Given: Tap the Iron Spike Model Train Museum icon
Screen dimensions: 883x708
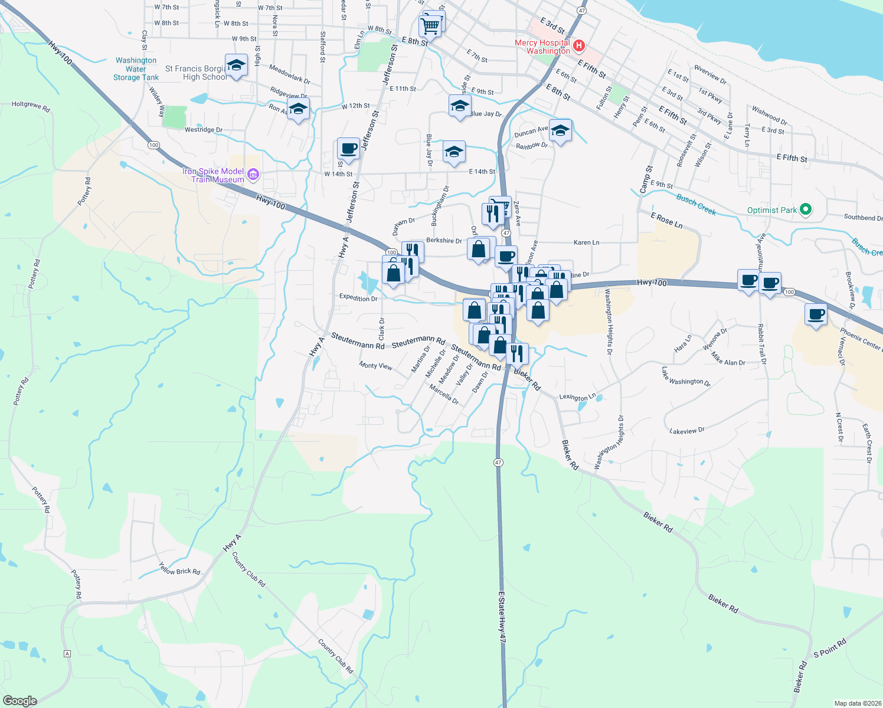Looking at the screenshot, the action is pyautogui.click(x=253, y=174).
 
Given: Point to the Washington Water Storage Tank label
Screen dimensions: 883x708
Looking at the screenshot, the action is pyautogui.click(x=136, y=69).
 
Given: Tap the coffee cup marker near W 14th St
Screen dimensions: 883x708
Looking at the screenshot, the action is pyautogui.click(x=348, y=149).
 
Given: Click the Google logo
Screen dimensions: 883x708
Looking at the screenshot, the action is pyautogui.click(x=19, y=700).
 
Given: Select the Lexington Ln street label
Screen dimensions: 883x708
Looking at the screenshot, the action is pyautogui.click(x=577, y=397).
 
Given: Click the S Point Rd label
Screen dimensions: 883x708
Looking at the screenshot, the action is pyautogui.click(x=830, y=647).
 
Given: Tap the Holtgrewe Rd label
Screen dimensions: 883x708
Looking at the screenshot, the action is pyautogui.click(x=31, y=106).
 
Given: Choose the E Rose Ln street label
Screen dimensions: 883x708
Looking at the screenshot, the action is pyautogui.click(x=666, y=220).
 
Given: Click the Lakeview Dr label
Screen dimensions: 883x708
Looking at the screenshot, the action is pyautogui.click(x=687, y=431).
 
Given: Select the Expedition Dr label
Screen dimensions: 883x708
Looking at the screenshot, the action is pyautogui.click(x=358, y=298).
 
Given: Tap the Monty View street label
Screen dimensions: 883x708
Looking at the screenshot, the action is pyautogui.click(x=375, y=366).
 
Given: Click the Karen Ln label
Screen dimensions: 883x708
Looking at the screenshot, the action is pyautogui.click(x=586, y=242).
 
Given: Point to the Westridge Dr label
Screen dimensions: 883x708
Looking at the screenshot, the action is pyautogui.click(x=204, y=130).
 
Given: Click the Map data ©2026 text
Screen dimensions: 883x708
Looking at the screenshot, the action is pyautogui.click(x=855, y=703).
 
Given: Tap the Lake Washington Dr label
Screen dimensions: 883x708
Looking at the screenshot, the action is pyautogui.click(x=686, y=378).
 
